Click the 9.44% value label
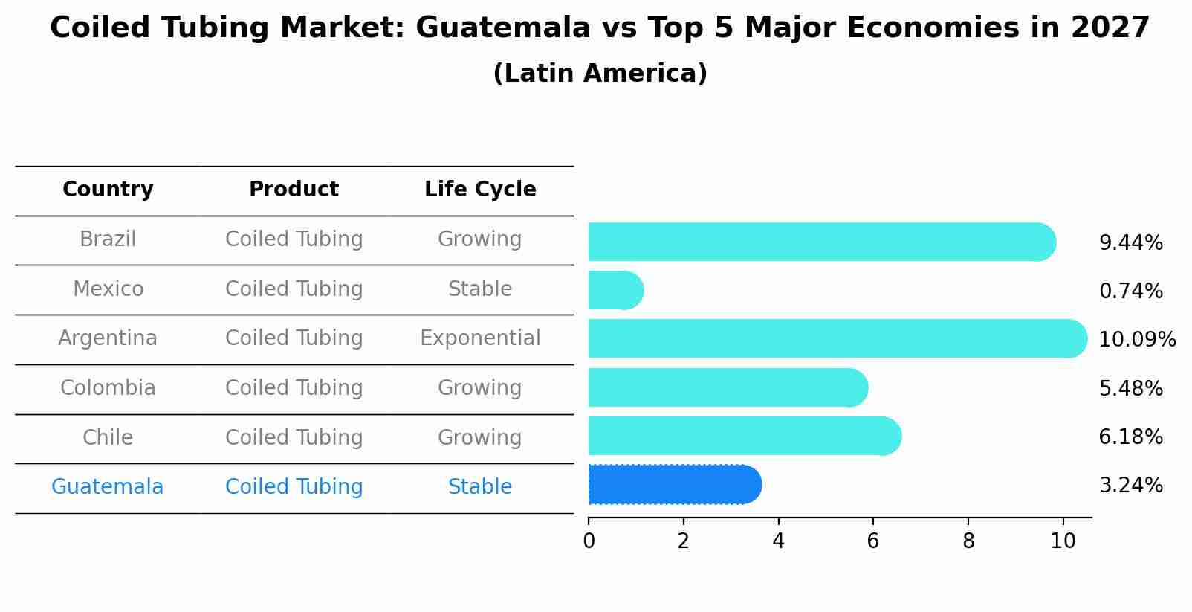click(x=1130, y=243)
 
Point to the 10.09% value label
click(x=1136, y=340)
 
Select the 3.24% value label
click(x=1130, y=486)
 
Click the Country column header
click(x=108, y=190)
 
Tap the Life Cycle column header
click(x=480, y=190)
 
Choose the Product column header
click(x=294, y=190)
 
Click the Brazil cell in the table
click(x=108, y=239)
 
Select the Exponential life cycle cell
click(x=480, y=338)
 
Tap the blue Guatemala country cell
click(x=107, y=487)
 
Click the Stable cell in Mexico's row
click(x=480, y=289)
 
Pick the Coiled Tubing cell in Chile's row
click(x=294, y=437)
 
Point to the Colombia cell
click(x=108, y=388)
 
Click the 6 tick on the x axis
click(x=873, y=541)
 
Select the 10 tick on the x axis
click(x=1063, y=541)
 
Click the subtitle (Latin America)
click(x=600, y=74)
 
